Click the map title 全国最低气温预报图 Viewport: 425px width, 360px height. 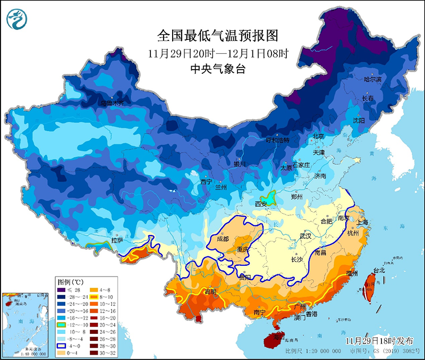pos(218,36)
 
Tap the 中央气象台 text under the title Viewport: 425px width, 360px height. pos(218,69)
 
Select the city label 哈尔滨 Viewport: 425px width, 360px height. pos(372,79)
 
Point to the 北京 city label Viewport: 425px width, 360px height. pos(318,136)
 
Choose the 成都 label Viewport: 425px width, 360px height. pos(223,239)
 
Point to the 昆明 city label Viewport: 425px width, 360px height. pos(210,292)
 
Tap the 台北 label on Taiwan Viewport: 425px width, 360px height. pos(379,270)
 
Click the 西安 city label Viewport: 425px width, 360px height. pos(261,204)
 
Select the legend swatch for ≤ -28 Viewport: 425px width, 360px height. pos(62,290)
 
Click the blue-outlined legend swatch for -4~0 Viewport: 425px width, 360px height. pos(62,345)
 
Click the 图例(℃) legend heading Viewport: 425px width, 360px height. pos(70,281)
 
